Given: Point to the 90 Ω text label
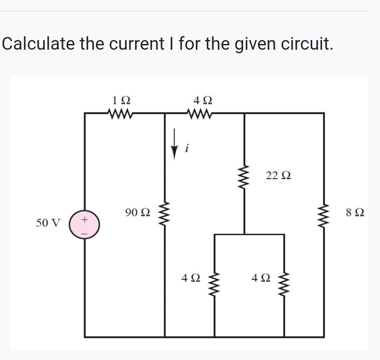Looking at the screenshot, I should (x=137, y=213).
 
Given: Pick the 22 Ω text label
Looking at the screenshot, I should (x=278, y=176).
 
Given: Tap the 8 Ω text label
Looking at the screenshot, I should (x=355, y=213).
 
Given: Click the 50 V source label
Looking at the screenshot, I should (x=48, y=223).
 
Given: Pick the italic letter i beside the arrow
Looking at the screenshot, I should (x=187, y=149).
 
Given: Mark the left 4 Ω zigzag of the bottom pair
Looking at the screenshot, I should (x=214, y=285).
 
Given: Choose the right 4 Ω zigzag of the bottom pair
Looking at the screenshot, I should (x=284, y=285).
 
